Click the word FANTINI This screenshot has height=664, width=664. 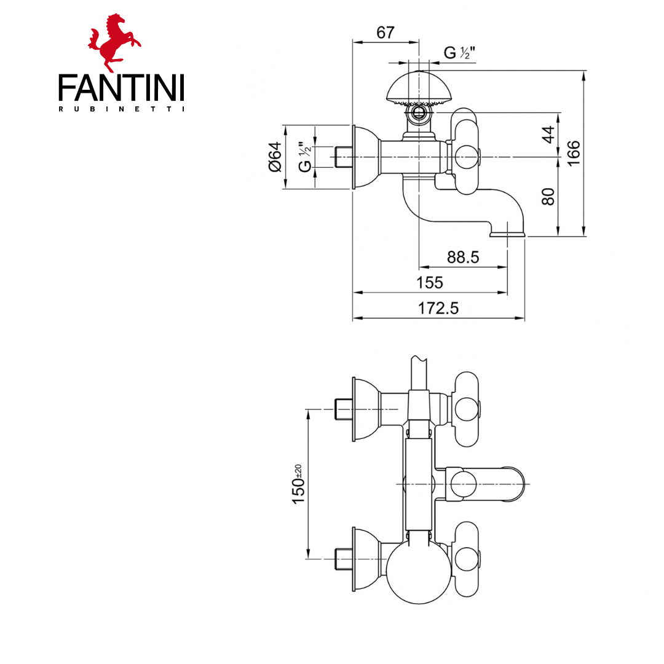click(121, 88)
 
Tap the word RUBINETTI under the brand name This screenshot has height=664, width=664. click(121, 109)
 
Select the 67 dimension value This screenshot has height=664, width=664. click(385, 33)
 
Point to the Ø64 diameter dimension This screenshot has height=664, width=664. click(274, 157)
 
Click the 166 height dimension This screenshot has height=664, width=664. click(573, 153)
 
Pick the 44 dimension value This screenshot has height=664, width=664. click(549, 134)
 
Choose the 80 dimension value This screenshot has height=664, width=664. click(549, 196)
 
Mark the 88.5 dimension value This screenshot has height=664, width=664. click(462, 258)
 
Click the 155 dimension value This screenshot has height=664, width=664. click(429, 283)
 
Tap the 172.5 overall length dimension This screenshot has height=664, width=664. click(438, 309)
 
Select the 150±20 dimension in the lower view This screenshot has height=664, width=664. click(299, 484)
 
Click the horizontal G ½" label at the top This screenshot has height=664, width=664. click(457, 53)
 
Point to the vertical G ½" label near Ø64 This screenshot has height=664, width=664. click(305, 157)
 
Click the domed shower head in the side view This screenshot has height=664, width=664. click(419, 88)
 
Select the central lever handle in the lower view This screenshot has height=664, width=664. click(492, 484)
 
